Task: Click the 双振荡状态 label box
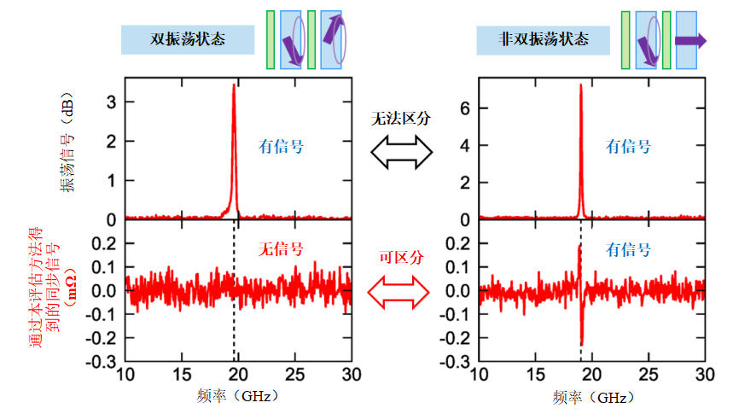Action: (188, 38)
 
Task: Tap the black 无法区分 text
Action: (400, 119)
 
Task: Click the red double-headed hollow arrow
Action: (400, 292)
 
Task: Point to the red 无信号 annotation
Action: (281, 250)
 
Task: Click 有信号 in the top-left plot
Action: (281, 146)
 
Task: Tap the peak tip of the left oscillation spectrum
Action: (233, 85)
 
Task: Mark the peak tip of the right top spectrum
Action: (580, 84)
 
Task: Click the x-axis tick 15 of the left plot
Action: (181, 376)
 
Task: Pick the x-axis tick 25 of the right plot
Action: (649, 376)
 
